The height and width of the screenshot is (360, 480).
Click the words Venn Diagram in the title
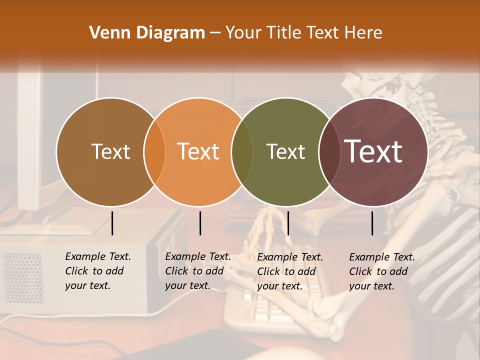pos(147,33)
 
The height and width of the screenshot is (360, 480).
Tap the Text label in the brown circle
pos(110,151)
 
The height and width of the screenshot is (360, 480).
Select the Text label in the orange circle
pos(198,151)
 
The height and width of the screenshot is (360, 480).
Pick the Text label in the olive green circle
pos(285,151)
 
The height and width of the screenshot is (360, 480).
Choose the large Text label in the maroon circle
pos(373,151)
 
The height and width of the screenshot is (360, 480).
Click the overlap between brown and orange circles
pos(154,151)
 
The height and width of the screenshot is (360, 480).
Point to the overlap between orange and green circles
pos(242,151)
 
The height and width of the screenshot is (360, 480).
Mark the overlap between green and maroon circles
pos(329,151)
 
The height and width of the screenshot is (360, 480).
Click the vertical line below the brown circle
pos(112,223)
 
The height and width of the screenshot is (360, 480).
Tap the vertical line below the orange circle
pos(200,223)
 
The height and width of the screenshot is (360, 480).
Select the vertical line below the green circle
pos(288,223)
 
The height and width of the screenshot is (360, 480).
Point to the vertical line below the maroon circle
pos(372,223)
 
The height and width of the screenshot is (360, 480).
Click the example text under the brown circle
pos(98,271)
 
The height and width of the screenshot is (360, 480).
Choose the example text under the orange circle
pos(198,271)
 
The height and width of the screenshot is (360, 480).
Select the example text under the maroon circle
pos(382,271)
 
